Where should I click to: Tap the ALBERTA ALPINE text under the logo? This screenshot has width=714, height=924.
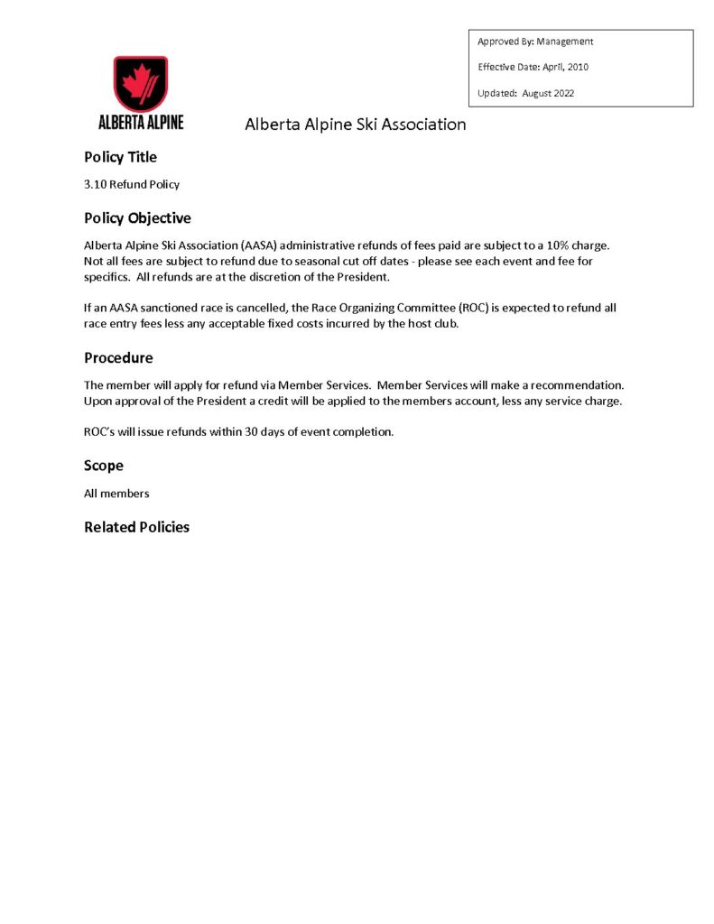tap(140, 122)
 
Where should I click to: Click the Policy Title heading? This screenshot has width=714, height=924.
tap(120, 157)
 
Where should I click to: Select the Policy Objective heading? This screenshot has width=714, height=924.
tap(137, 218)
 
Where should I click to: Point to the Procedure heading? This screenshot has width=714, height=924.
tap(118, 358)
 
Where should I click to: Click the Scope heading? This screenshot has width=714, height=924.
tap(104, 466)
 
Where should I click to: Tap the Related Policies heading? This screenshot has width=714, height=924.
tap(136, 527)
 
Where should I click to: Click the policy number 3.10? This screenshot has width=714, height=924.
tap(95, 184)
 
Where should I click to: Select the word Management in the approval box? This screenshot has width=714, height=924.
tap(564, 42)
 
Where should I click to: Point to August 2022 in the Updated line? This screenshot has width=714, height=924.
tap(548, 93)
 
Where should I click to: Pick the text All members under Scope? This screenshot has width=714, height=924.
tap(116, 494)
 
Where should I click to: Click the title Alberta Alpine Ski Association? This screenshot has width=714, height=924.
tap(356, 125)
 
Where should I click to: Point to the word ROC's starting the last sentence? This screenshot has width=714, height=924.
tap(98, 432)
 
